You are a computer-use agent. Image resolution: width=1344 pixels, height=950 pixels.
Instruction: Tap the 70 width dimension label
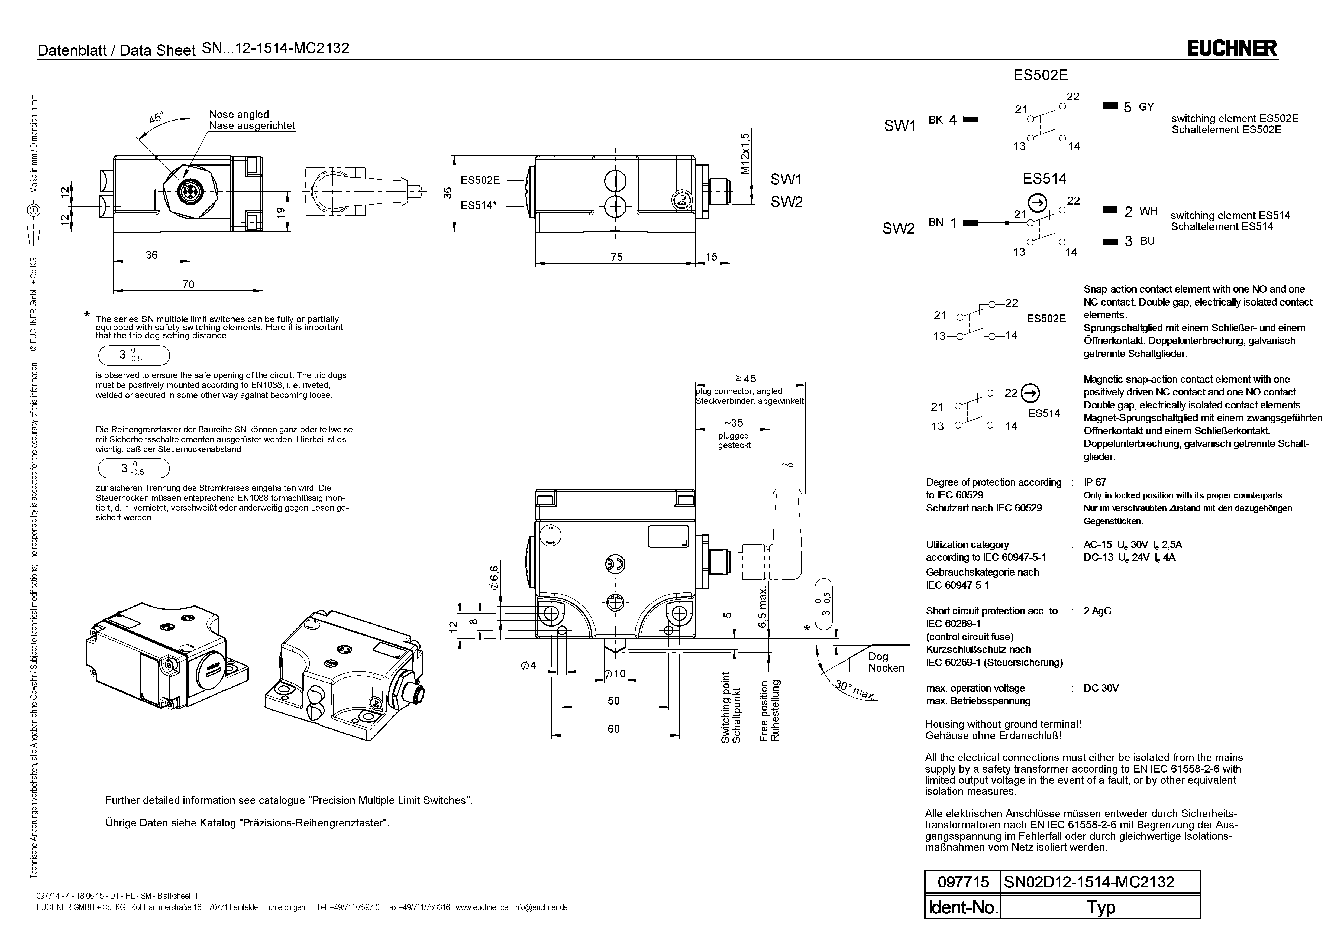(x=188, y=284)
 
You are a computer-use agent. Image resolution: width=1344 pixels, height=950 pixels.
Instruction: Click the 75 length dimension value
(x=616, y=257)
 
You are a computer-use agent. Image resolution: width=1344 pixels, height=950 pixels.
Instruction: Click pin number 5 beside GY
(x=1127, y=124)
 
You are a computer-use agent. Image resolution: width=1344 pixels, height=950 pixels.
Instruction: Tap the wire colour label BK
(x=935, y=120)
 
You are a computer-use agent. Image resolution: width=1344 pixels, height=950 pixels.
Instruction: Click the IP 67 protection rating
(x=1095, y=482)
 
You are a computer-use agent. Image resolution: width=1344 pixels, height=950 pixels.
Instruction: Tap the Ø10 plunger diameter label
(x=615, y=674)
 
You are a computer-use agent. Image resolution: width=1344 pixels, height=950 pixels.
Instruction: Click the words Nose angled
(x=239, y=115)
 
